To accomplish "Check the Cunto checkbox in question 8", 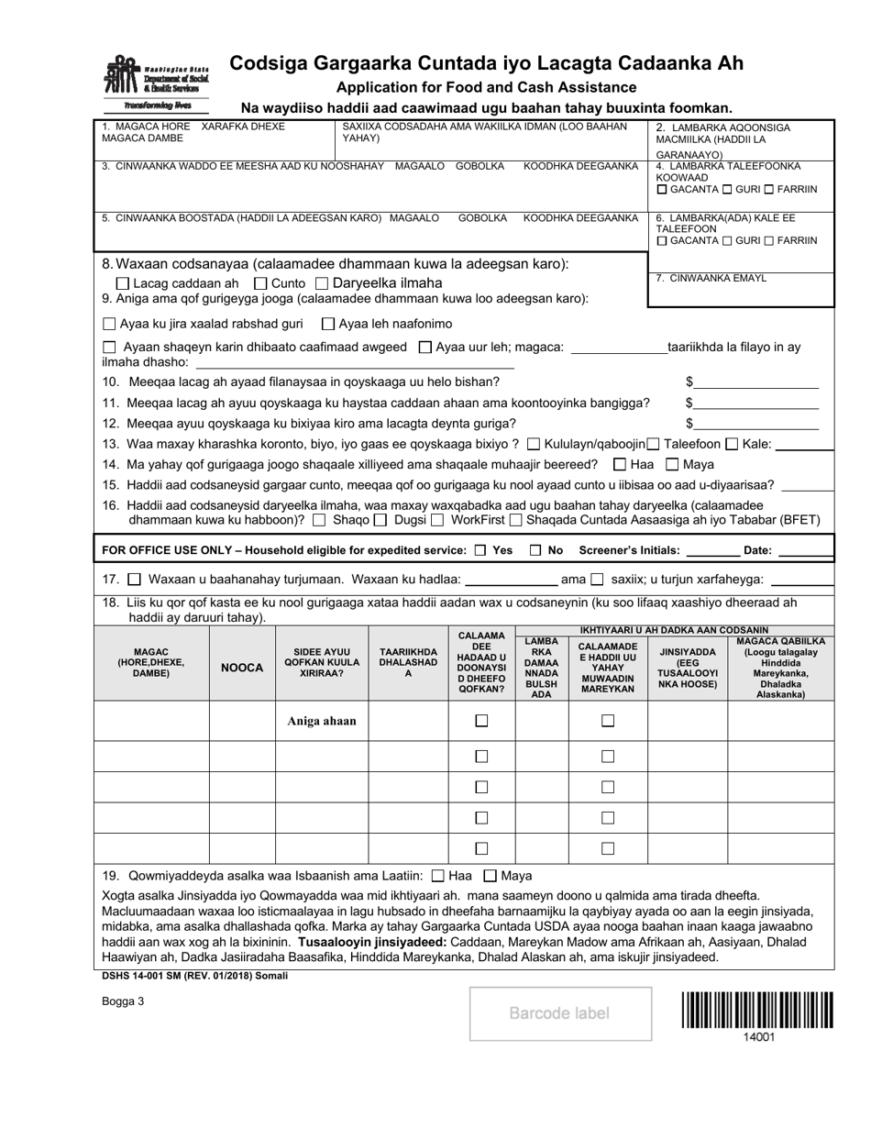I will pos(260,283).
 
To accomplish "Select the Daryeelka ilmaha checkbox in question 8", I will pos(322,283).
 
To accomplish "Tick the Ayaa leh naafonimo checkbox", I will pos(328,324).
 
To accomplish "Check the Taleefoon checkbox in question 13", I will pos(654,444).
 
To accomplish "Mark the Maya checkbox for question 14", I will pos(672,465).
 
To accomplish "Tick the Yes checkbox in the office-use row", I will pos(481,551).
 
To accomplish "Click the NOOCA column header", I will pos(243,668).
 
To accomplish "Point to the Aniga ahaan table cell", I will pos(322,721).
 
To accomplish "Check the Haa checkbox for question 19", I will pos(437,876).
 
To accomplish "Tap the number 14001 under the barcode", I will pos(758,1037).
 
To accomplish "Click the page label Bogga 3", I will pos(124,1001).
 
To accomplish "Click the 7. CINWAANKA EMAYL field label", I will pos(699,279).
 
